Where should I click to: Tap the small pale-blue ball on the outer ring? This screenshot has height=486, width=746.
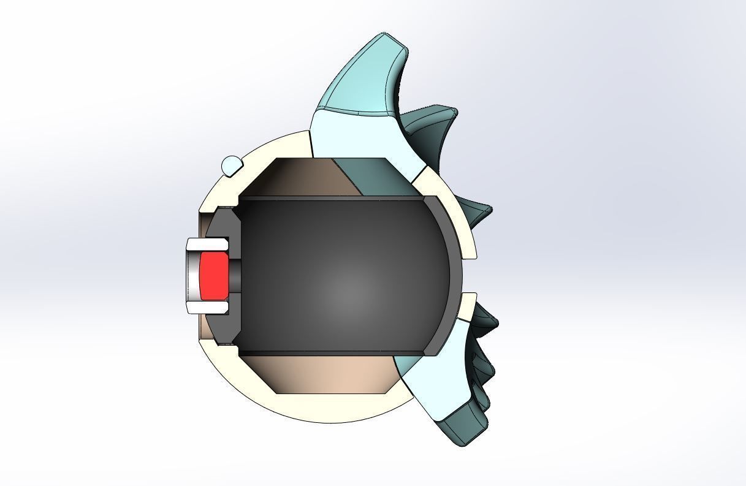tap(231, 165)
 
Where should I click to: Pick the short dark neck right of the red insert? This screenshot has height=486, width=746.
tap(235, 275)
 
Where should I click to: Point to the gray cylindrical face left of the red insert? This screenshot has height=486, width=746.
tap(193, 276)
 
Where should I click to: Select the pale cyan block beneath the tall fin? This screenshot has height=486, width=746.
tap(362, 138)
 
